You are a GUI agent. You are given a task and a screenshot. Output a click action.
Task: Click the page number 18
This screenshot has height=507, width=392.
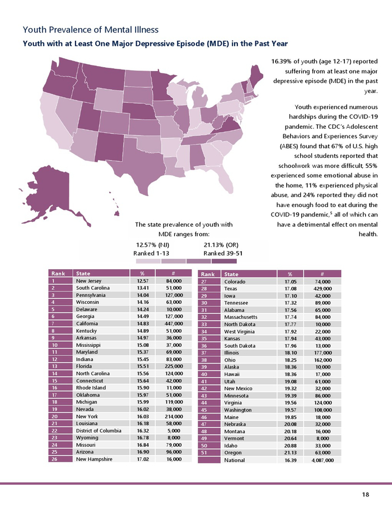[x=365, y=494]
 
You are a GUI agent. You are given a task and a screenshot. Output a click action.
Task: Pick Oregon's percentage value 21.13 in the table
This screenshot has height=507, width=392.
[x=284, y=453]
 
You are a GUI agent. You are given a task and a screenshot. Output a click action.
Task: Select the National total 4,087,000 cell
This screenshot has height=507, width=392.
[x=322, y=460]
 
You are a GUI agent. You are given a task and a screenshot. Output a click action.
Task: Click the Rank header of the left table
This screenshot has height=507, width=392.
[x=58, y=274]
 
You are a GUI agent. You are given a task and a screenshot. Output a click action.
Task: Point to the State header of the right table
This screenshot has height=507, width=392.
[x=231, y=274]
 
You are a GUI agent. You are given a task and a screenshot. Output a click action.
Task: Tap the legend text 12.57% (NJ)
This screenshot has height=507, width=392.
[x=153, y=245]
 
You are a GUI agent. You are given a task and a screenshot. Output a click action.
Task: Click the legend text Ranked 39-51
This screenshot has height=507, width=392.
[x=223, y=253]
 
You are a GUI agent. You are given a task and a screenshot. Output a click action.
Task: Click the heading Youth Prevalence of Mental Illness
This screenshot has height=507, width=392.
[x=90, y=29]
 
